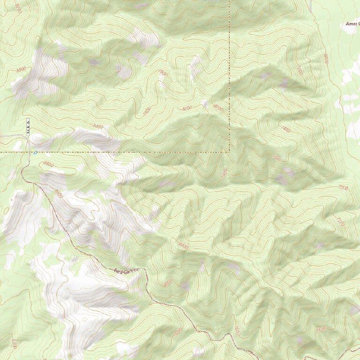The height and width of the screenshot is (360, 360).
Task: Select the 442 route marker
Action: (28, 127)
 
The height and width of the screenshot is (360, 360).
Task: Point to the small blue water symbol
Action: (35, 152)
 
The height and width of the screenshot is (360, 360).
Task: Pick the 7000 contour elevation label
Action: (343, 188)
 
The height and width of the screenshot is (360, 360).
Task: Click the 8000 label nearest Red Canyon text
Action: (167, 283)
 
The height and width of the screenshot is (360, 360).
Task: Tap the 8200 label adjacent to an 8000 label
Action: (187, 108)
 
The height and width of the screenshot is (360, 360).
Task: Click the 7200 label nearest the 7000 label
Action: (340, 220)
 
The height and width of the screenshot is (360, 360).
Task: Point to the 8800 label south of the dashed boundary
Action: (47, 164)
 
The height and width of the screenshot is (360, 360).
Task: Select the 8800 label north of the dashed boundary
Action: (20, 69)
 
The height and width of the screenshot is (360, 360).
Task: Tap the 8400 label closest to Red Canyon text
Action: (182, 246)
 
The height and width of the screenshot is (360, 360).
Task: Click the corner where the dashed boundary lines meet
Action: (229, 152)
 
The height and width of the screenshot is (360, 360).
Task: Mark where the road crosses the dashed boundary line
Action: (28, 152)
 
